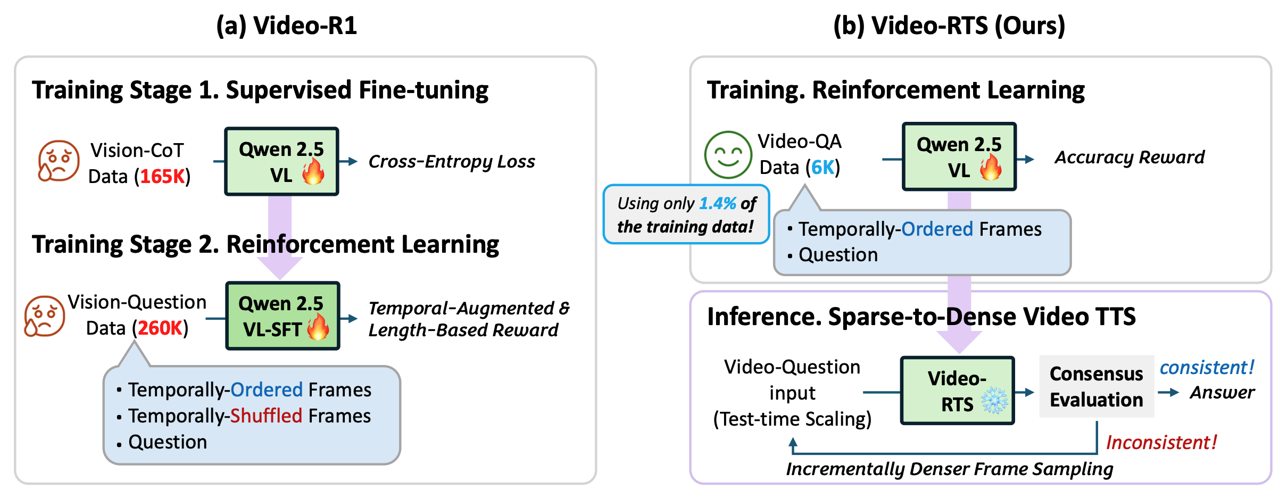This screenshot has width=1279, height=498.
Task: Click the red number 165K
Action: point(162,176)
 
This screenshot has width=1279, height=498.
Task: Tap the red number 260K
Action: point(160,328)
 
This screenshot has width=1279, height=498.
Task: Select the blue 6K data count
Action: point(822,167)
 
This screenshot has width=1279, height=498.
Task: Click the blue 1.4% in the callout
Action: point(717,203)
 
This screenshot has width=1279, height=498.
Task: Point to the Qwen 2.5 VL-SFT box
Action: point(283,316)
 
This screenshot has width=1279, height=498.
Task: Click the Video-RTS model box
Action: point(957,391)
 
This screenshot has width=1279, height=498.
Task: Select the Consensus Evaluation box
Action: point(1096,386)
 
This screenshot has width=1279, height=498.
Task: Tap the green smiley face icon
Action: point(728,155)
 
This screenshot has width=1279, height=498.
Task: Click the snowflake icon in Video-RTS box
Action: point(994,401)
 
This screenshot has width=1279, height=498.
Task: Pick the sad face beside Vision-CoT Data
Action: point(59,161)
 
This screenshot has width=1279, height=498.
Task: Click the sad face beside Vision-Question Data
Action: point(45,316)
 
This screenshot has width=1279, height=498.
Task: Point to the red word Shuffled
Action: point(266,416)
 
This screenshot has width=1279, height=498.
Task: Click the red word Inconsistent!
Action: point(1161,442)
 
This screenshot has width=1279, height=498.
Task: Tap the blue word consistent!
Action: point(1207,367)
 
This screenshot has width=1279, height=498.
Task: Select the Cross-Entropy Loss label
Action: point(452,161)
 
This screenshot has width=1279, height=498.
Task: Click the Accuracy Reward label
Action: point(1129,157)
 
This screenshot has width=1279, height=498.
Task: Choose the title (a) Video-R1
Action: point(286,26)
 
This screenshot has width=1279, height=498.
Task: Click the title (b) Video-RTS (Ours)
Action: point(949,26)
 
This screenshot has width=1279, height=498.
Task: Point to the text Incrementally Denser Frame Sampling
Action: point(949,469)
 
